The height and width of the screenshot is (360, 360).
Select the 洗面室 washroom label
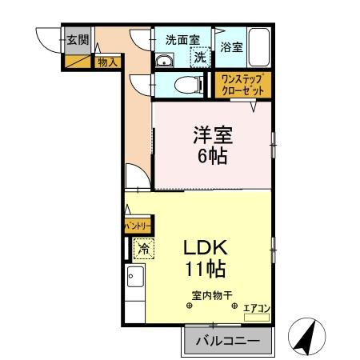pos(182,40)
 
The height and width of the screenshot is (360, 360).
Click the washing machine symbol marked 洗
pos(200,58)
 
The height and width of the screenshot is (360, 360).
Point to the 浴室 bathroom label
pos(231,47)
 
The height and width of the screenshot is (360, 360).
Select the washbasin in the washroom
pos(166,62)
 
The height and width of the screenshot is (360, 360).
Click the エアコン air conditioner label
pos(258,306)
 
